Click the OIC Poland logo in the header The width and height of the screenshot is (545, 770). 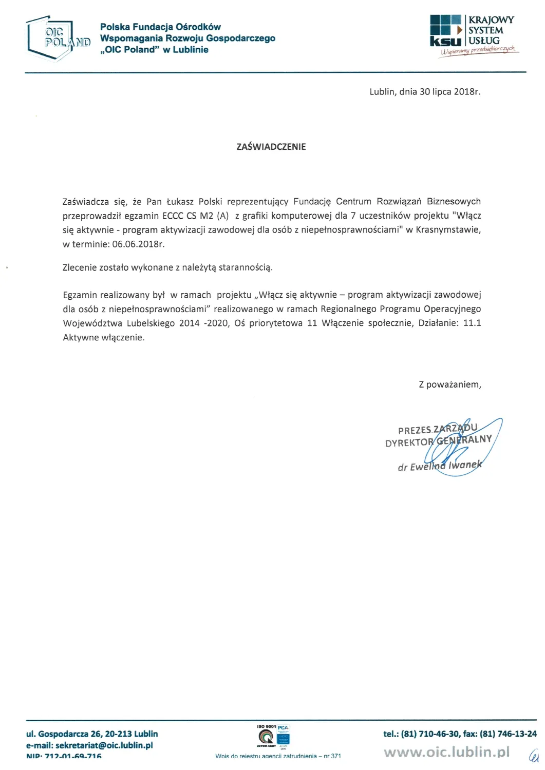[58, 38]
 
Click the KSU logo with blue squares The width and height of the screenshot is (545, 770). [445, 31]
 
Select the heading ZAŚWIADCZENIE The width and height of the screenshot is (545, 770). [271, 147]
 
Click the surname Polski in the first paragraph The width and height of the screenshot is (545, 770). [210, 202]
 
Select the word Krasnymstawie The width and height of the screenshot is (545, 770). [448, 230]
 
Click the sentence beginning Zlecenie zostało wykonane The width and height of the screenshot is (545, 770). [167, 267]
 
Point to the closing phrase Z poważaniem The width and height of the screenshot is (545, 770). [450, 384]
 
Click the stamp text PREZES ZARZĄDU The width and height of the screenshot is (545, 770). [438, 429]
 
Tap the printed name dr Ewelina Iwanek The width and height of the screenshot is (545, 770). [440, 466]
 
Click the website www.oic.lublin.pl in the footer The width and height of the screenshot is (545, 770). [447, 752]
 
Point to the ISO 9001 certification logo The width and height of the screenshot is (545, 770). [273, 736]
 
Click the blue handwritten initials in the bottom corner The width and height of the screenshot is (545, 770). [534, 755]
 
